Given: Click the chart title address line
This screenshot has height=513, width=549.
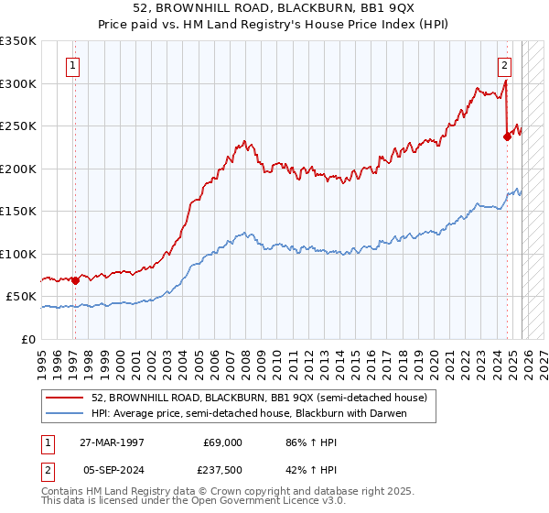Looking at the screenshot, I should click(x=274, y=8).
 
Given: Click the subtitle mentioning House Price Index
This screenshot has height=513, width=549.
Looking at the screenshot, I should click(x=274, y=24).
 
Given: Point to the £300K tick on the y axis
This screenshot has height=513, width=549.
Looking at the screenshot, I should click(x=18, y=83).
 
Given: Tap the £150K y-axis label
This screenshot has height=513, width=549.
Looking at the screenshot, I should click(x=18, y=212).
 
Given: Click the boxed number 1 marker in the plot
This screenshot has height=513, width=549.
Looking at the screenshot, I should click(x=72, y=65).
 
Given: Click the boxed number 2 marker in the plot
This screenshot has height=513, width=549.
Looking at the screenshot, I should click(x=504, y=65).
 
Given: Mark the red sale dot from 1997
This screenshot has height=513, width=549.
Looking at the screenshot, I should click(x=75, y=280).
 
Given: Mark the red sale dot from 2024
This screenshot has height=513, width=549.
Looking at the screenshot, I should click(x=507, y=136).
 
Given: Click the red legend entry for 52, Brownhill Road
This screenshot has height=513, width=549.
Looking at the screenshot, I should click(x=259, y=398).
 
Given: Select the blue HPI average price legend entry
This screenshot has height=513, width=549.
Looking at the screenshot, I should click(x=248, y=414).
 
